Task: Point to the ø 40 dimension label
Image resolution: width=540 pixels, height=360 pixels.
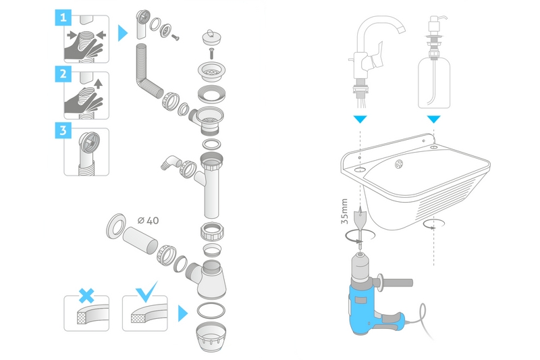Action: click(x=147, y=221)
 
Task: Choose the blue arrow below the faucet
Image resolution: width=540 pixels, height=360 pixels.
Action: click(x=361, y=118)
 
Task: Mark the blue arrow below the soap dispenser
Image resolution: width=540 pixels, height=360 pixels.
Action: click(x=433, y=119)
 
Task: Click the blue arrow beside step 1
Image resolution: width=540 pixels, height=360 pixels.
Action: click(x=122, y=32)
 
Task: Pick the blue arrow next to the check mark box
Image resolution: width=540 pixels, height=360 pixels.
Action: click(x=182, y=313)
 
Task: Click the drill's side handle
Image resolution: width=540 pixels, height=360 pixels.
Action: click(x=398, y=280)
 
